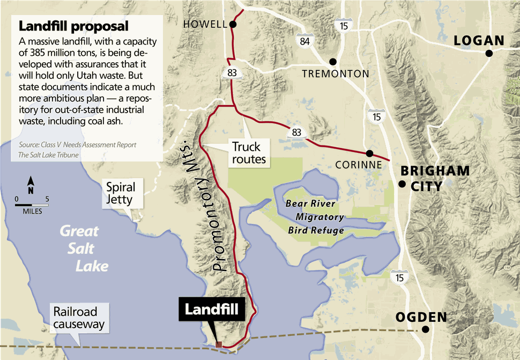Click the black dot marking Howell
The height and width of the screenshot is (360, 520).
point(233,24)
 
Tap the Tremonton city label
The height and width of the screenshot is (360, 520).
point(336,74)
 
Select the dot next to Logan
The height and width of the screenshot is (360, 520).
point(489,53)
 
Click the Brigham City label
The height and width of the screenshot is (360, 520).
point(435,178)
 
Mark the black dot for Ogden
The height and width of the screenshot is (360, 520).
point(426,329)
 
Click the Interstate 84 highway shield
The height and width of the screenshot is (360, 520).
point(305,40)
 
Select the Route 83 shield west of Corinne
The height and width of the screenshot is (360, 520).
point(296,131)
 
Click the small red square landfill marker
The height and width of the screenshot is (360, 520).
point(219,344)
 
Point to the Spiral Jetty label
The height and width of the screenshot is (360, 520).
point(121,194)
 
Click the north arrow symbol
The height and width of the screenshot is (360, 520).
point(31,185)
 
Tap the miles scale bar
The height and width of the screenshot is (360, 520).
point(32,204)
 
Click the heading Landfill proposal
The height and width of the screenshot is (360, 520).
point(73,26)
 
